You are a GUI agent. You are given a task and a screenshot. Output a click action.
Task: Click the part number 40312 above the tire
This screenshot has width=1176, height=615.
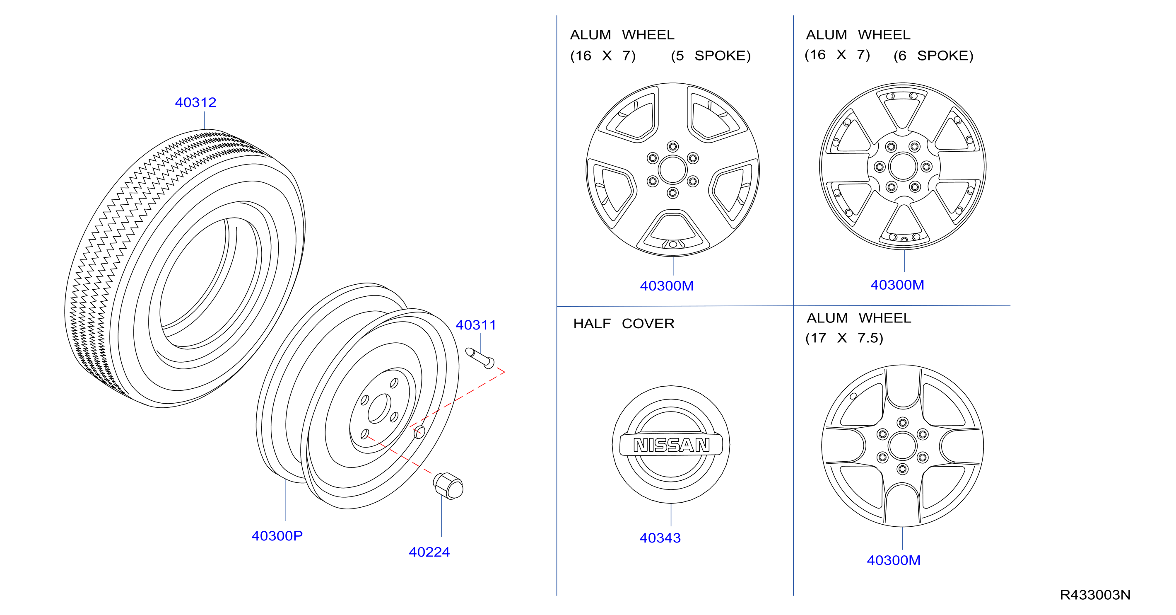pyautogui.click(x=195, y=102)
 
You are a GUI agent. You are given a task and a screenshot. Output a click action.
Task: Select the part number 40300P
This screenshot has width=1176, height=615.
pyautogui.click(x=277, y=535)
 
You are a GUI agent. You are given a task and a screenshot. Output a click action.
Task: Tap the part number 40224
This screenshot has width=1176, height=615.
pyautogui.click(x=429, y=552)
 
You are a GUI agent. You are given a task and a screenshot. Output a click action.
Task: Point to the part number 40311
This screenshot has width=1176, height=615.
pyautogui.click(x=476, y=325)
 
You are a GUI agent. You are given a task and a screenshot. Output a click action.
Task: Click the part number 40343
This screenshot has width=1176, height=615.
pyautogui.click(x=660, y=538)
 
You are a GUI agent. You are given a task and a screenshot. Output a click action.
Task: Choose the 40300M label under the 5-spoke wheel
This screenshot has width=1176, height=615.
pyautogui.click(x=667, y=286)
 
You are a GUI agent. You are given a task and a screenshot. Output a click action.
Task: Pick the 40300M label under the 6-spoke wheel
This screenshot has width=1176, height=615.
pyautogui.click(x=897, y=285)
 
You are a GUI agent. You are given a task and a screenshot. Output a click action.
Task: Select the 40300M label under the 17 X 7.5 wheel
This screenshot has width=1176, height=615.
pyautogui.click(x=894, y=560)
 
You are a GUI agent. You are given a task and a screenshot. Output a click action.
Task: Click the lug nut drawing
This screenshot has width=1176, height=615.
pyautogui.click(x=448, y=486)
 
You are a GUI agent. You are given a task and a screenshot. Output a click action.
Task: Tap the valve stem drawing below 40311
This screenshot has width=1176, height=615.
pyautogui.click(x=480, y=358)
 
